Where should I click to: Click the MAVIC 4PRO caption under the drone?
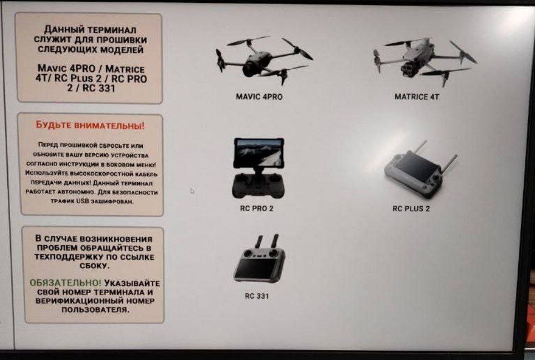pos(259,97)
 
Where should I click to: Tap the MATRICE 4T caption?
pos(417,97)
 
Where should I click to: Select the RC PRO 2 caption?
pos(256,208)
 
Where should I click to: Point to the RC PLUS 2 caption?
pos(411,209)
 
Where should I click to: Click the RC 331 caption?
pos(257,296)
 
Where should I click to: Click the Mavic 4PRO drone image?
pos(264,60)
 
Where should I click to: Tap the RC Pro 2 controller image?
pos(258,168)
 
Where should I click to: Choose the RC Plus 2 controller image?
pos(420,169)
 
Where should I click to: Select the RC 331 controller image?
pos(260,259)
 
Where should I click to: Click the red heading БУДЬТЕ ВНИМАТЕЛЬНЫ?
pos(90,125)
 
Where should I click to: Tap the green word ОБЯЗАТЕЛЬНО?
pos(66,283)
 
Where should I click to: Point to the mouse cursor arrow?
pos(192,191)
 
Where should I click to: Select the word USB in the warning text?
pos(82,201)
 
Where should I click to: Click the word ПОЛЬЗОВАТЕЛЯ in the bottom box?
pos(95,310)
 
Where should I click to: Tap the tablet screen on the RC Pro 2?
pos(259,152)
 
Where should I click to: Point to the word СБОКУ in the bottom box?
pos(95,266)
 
